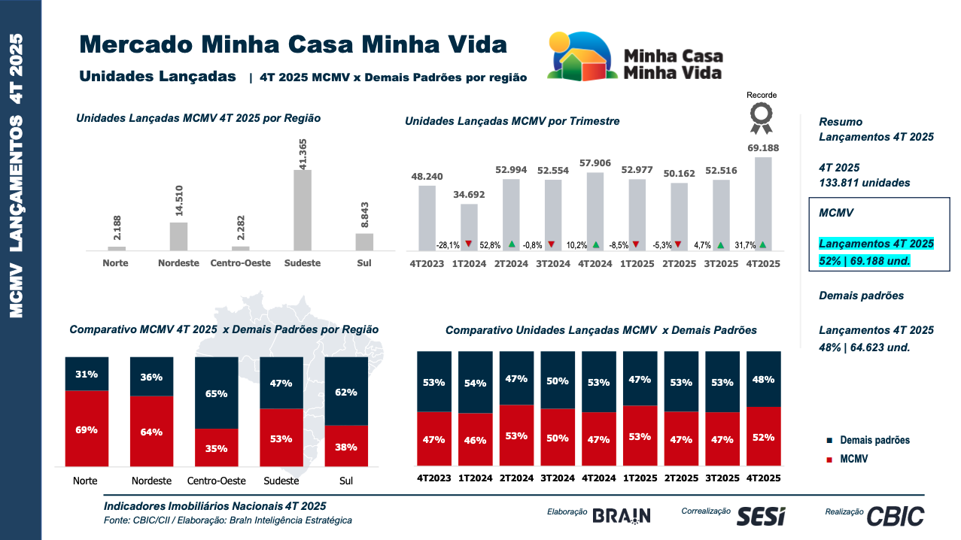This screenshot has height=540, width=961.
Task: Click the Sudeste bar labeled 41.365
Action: (303, 210)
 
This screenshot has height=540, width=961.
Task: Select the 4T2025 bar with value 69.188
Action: (763, 203)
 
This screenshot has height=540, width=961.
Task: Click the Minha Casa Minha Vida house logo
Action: (583, 56)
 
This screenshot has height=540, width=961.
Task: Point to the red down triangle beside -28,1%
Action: (469, 244)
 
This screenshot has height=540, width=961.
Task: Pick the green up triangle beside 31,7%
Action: (763, 244)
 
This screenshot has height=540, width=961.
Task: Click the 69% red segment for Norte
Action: (87, 429)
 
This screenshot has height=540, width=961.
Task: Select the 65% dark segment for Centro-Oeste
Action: (217, 393)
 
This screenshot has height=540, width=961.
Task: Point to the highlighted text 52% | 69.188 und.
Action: (865, 261)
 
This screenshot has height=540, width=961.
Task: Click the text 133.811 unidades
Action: (865, 183)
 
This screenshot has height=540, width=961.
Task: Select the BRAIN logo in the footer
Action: (621, 515)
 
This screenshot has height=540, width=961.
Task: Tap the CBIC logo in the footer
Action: (895, 516)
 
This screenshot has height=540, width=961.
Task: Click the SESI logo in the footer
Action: (760, 516)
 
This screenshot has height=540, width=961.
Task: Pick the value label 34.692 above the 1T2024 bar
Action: (469, 195)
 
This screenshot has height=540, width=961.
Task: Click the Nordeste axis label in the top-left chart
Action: (178, 263)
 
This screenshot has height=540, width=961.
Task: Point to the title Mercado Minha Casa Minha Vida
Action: (293, 44)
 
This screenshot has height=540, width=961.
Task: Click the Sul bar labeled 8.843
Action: (364, 241)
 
